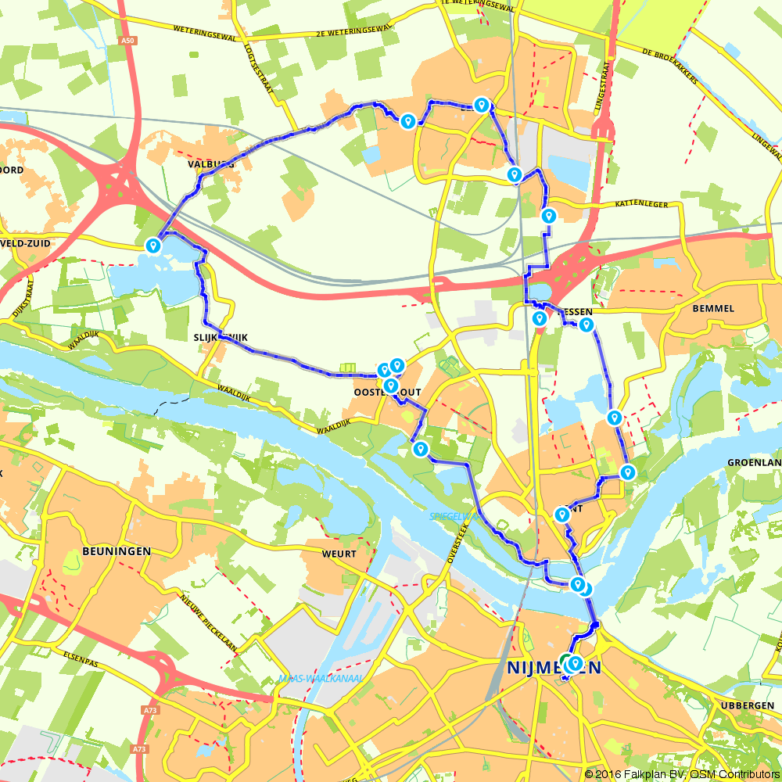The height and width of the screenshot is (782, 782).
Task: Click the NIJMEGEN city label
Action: pos(554,668)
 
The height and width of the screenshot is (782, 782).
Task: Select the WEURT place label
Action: pos(339,554)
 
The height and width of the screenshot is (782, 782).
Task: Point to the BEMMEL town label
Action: pos(713,308)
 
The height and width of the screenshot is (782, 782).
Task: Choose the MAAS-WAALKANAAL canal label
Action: pos(320,679)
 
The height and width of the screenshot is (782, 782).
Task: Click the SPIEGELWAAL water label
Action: pos(452,517)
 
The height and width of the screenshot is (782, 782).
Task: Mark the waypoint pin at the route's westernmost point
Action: pos(153,246)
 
